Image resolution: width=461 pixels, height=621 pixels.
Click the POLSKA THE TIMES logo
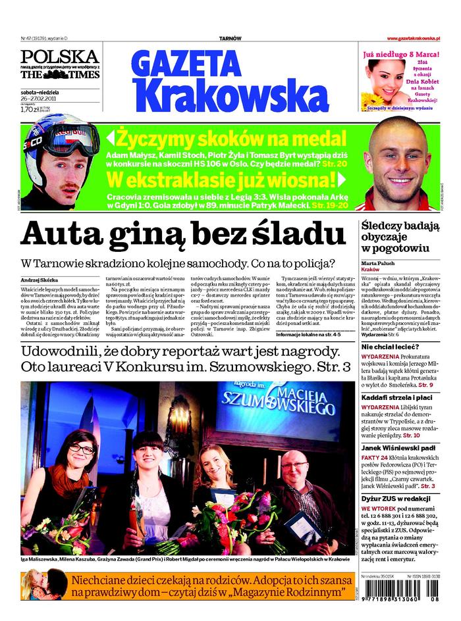coord(59,64)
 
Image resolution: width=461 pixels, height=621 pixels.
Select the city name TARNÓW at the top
coord(230,39)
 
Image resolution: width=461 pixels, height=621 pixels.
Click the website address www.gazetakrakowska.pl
coord(418,39)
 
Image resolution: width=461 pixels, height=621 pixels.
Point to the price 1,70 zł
coord(29,110)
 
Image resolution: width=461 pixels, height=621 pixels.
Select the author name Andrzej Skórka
coord(40,280)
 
